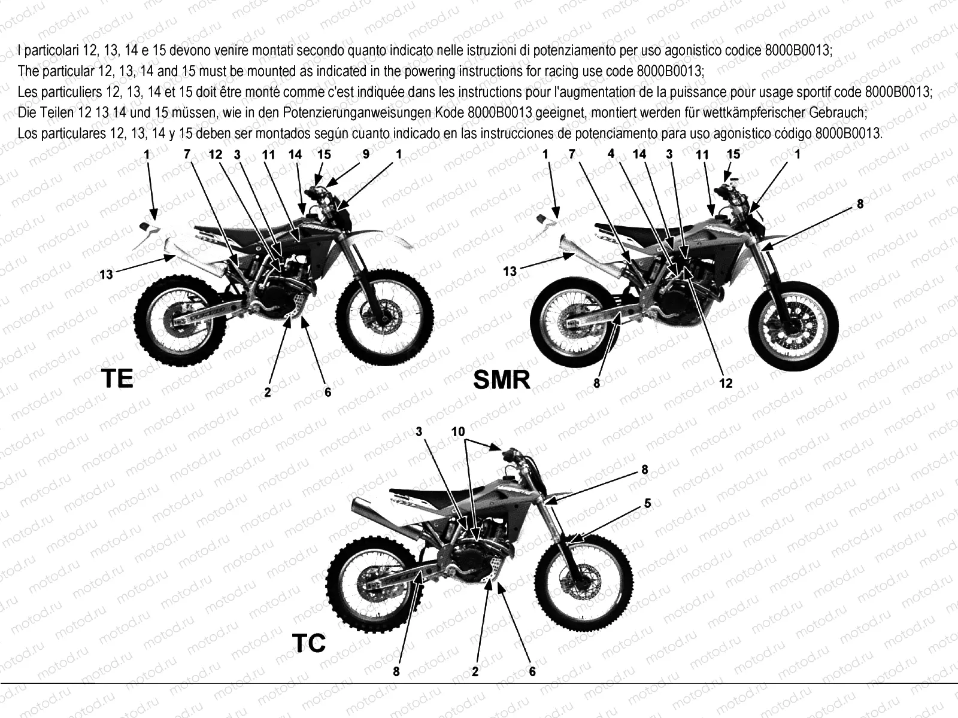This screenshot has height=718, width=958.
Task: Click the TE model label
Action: point(117,378)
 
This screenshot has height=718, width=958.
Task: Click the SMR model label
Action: point(502,380)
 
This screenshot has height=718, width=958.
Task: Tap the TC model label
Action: point(308,643)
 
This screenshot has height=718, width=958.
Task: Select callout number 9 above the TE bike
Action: point(366,154)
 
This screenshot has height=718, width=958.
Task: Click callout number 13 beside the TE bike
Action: point(106,275)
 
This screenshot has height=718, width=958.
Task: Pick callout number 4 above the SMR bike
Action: point(611,153)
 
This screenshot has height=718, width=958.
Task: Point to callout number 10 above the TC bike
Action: point(458,431)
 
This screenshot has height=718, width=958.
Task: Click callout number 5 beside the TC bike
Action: point(648,504)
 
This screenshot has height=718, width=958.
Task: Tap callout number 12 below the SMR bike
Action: point(726,383)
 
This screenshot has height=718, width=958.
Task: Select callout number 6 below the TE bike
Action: point(328,393)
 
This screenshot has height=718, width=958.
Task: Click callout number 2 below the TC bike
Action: point(475,672)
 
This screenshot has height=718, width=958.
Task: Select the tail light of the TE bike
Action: point(145,227)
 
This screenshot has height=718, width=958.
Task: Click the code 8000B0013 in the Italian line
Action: point(798,51)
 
